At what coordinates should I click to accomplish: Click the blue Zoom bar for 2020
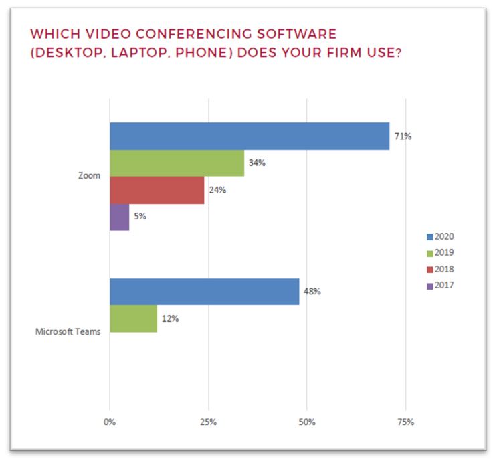pyautogui.click(x=249, y=136)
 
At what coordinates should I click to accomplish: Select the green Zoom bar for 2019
pyautogui.click(x=177, y=163)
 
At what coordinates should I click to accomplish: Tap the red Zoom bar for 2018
pyautogui.click(x=157, y=190)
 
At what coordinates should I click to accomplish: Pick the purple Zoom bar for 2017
pyautogui.click(x=119, y=217)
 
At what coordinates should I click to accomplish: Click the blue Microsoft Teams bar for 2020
pyautogui.click(x=204, y=292)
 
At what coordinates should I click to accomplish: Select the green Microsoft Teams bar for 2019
pyautogui.click(x=133, y=318)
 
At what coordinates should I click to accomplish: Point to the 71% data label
pyautogui.click(x=403, y=136)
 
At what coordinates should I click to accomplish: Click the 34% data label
pyautogui.click(x=258, y=163)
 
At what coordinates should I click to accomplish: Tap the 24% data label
pyautogui.click(x=217, y=190)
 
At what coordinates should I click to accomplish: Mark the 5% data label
pyautogui.click(x=139, y=217)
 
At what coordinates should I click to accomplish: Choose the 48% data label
pyautogui.click(x=312, y=292)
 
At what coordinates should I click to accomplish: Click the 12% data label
pyautogui.click(x=171, y=318)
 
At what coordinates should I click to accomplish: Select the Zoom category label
pyautogui.click(x=89, y=176)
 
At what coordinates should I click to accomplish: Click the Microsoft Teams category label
pyautogui.click(x=68, y=331)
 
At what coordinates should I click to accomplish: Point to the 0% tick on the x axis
pyautogui.click(x=110, y=422)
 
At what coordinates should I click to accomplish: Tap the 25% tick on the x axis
pyautogui.click(x=208, y=422)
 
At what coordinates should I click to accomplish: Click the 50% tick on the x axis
pyautogui.click(x=306, y=422)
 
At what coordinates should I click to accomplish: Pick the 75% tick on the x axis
pyautogui.click(x=405, y=422)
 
